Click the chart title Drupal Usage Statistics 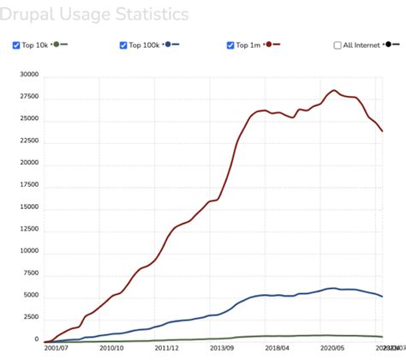(94, 15)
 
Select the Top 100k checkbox (124, 45)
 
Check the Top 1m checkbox (231, 45)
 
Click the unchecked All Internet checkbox (337, 45)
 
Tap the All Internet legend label (361, 45)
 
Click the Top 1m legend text (250, 45)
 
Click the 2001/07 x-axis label (56, 349)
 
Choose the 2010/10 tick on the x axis (112, 349)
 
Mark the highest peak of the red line (333, 90)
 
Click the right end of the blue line (382, 297)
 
